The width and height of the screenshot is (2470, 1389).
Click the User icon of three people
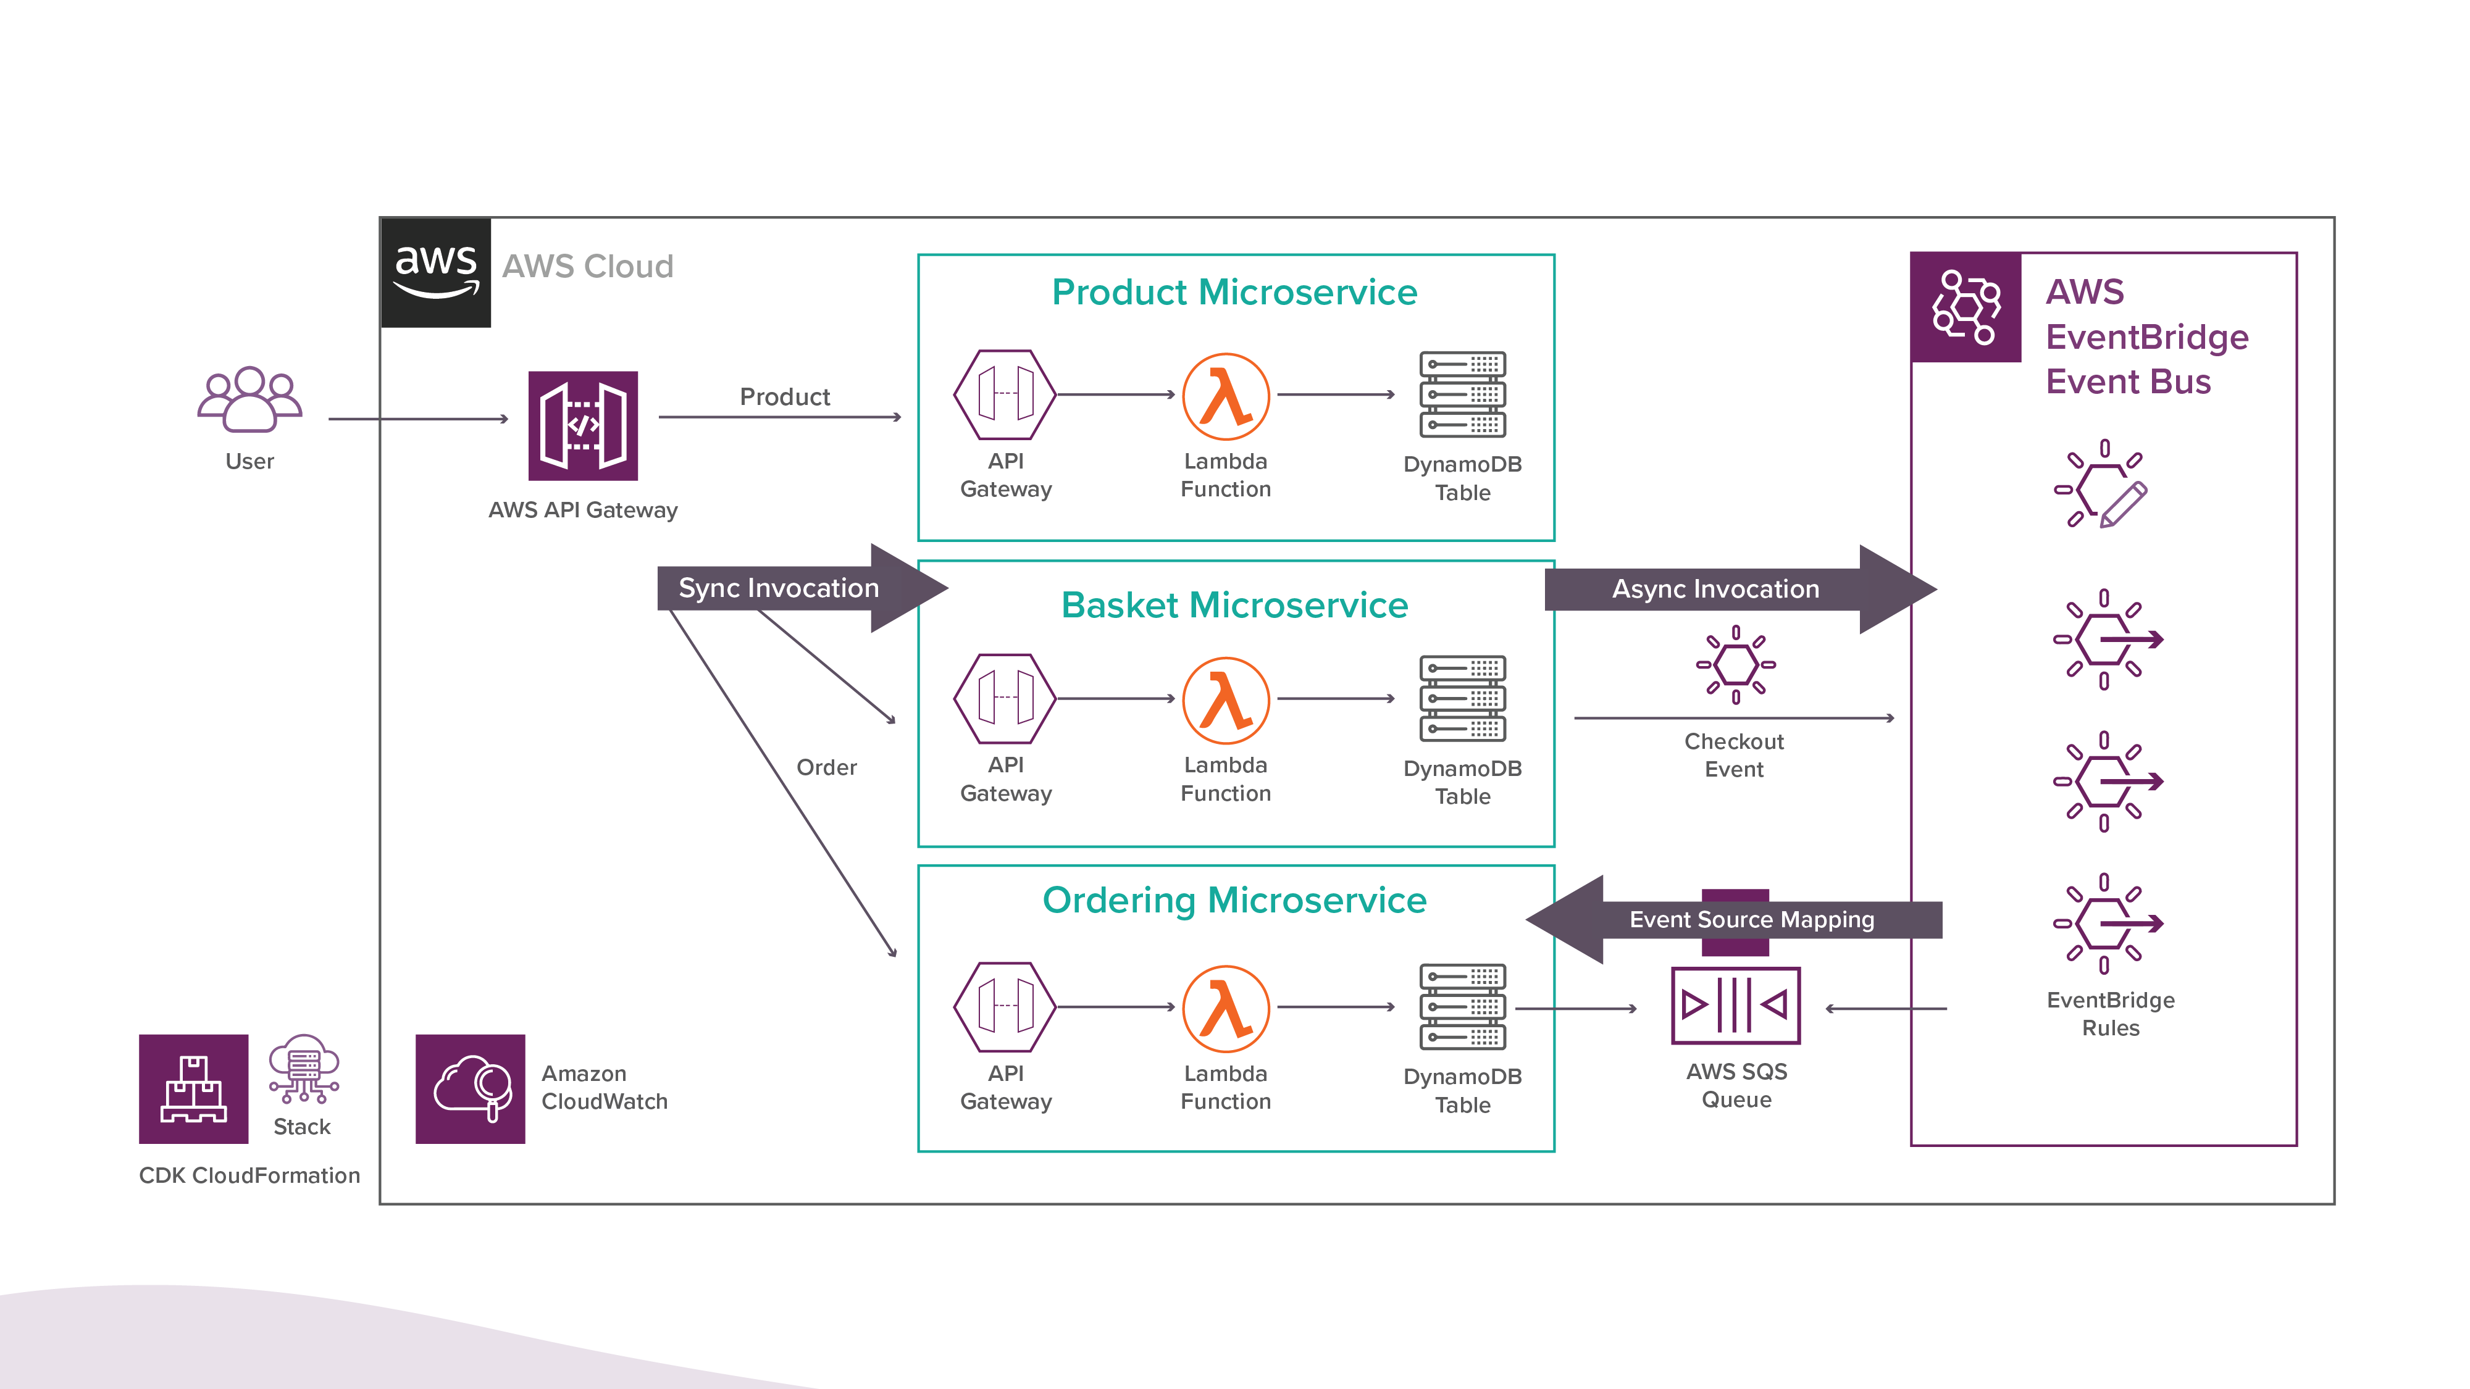click(x=249, y=401)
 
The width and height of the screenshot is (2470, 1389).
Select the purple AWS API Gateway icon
click(x=583, y=425)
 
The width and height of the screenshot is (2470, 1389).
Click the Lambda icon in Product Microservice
click(x=1225, y=396)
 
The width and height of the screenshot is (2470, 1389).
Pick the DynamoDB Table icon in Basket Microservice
click(x=1462, y=699)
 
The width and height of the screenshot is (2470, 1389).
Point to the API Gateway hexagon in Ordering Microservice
click(x=1005, y=1006)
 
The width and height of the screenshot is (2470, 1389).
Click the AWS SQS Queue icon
click(x=1736, y=1006)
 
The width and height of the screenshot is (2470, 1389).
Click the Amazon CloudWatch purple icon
click(x=470, y=1089)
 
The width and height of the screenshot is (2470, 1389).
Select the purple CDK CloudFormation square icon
click(x=194, y=1089)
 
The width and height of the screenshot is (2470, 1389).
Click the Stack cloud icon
click(x=304, y=1070)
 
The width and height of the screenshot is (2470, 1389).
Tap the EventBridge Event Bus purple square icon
click(x=1966, y=307)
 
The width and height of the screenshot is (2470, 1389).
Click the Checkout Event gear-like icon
click(x=1736, y=664)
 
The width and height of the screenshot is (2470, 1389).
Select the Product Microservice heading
click(x=1234, y=293)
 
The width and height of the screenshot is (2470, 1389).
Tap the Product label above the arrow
click(x=784, y=397)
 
